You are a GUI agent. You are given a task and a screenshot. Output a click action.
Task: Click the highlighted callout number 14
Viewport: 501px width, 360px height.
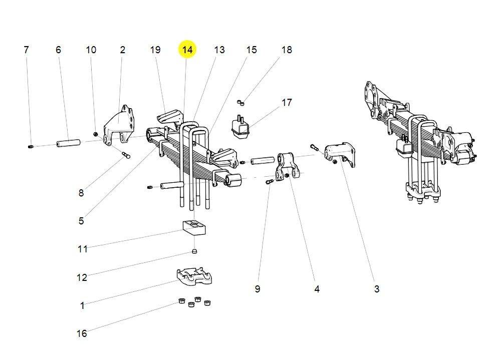coord(187,50)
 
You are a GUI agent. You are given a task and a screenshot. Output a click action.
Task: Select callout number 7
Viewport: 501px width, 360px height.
coord(26,50)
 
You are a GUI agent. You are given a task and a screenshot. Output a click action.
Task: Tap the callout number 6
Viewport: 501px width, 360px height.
coord(58,50)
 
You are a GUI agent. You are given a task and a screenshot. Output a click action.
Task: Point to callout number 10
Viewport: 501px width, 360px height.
coord(91,50)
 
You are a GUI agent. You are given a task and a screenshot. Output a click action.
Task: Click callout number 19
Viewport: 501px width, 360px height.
coord(155,50)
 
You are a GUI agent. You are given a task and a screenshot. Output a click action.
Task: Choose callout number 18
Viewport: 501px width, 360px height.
coord(287,50)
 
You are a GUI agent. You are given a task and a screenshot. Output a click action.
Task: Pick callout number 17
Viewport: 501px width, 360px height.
coord(287,102)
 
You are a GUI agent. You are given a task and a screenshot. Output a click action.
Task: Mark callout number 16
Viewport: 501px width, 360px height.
coord(82,333)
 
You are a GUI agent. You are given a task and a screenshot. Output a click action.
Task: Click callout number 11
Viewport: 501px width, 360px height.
coord(82,248)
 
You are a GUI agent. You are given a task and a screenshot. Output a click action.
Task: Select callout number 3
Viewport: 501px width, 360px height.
coord(377,289)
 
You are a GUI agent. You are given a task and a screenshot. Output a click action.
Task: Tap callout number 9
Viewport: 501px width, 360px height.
coord(257,289)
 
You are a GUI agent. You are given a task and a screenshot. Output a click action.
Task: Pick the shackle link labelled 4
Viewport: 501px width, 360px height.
coord(288,166)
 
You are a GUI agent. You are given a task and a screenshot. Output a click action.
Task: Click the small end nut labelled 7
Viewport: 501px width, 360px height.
coord(31,146)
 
